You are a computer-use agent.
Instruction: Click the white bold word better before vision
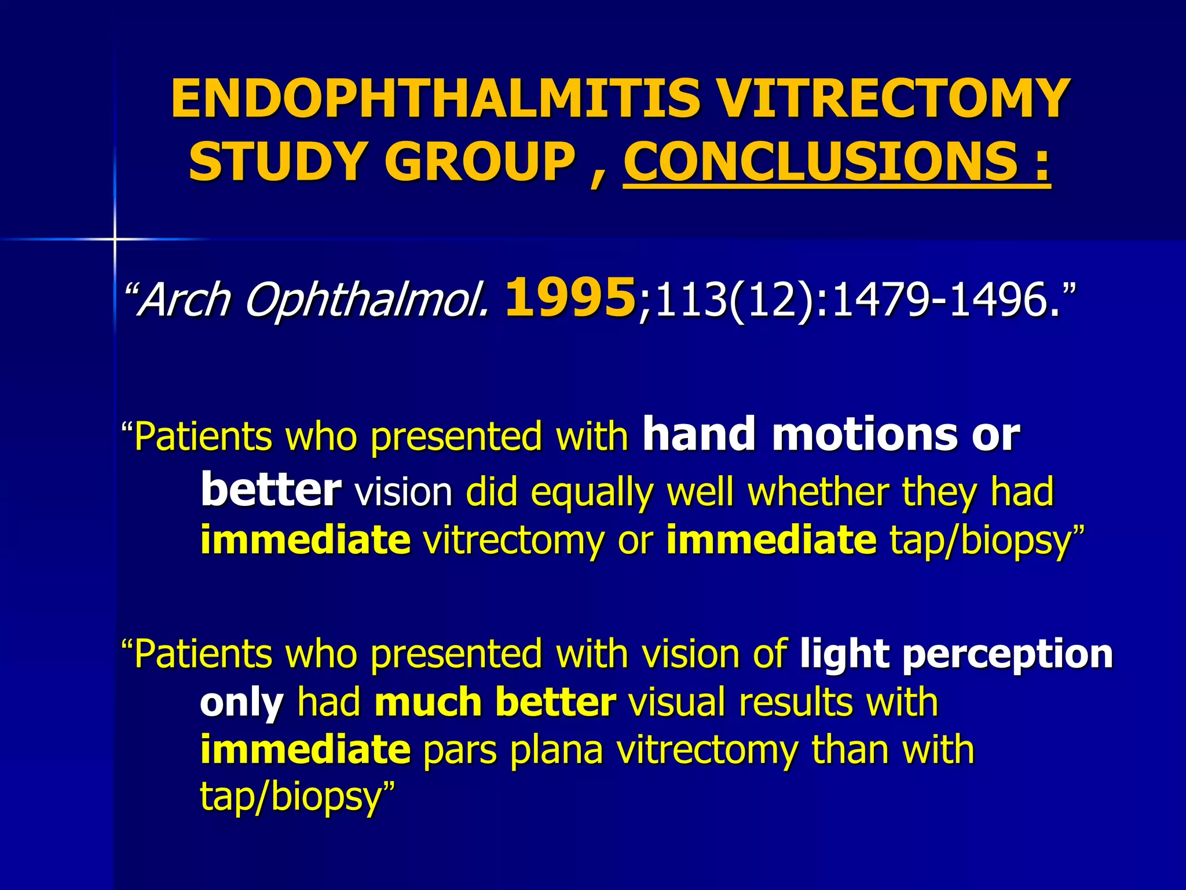pos(270,490)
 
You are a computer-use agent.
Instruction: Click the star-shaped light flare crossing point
pos(115,239)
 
